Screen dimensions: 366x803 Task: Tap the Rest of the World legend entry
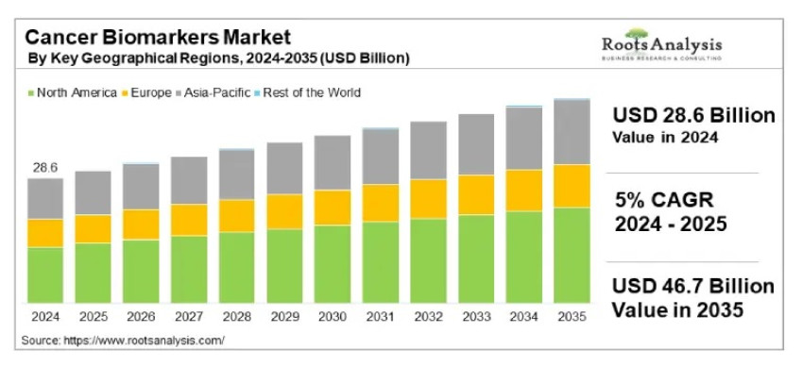pyautogui.click(x=307, y=92)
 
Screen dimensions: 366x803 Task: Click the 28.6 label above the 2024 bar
pyautogui.click(x=45, y=167)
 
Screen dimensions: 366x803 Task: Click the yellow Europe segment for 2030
pyautogui.click(x=333, y=208)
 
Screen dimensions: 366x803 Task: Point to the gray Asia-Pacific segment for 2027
pyautogui.click(x=189, y=180)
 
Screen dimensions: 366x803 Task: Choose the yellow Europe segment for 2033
pyautogui.click(x=476, y=194)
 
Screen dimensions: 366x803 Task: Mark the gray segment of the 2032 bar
pyautogui.click(x=428, y=150)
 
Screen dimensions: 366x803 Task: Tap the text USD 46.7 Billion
pyautogui.click(x=693, y=286)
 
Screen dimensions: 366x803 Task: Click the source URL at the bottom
pyautogui.click(x=122, y=339)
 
